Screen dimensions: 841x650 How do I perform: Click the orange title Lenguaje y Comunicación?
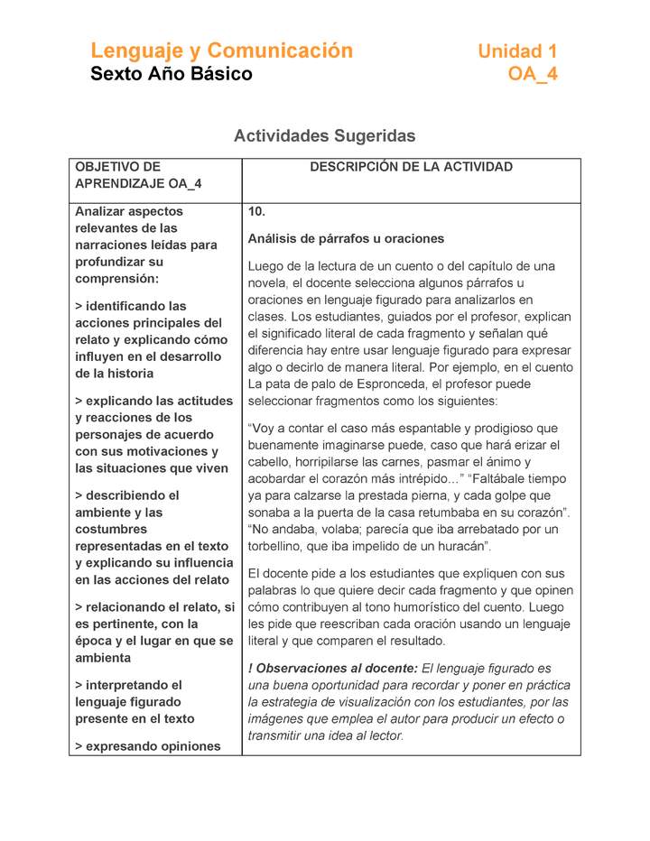tap(221, 51)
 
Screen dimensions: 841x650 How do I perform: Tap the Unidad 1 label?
tap(516, 51)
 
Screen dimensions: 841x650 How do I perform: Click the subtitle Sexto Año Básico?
tap(171, 74)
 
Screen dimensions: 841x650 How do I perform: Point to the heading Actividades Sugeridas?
tap(324, 135)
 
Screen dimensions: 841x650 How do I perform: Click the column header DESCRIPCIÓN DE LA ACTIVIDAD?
tap(411, 167)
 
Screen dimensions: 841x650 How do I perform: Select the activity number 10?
tap(256, 211)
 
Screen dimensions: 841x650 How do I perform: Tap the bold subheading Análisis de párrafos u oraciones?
tap(346, 239)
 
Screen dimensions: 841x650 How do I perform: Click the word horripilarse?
tap(338, 462)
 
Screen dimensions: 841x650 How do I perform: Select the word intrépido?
tap(411, 478)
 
